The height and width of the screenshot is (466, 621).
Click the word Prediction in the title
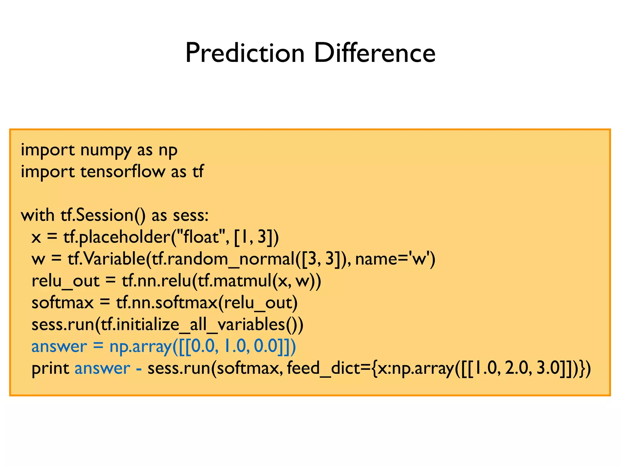(x=244, y=53)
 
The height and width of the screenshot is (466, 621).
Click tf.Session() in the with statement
(x=103, y=215)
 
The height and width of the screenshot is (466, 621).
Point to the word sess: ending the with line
(x=190, y=215)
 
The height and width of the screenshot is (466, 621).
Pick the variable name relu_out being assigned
(x=65, y=281)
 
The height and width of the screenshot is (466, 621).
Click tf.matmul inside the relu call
(x=234, y=281)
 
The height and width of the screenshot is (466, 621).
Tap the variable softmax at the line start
(x=62, y=303)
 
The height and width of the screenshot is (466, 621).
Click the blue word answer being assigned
(x=59, y=346)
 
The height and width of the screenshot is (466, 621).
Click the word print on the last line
(x=50, y=369)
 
